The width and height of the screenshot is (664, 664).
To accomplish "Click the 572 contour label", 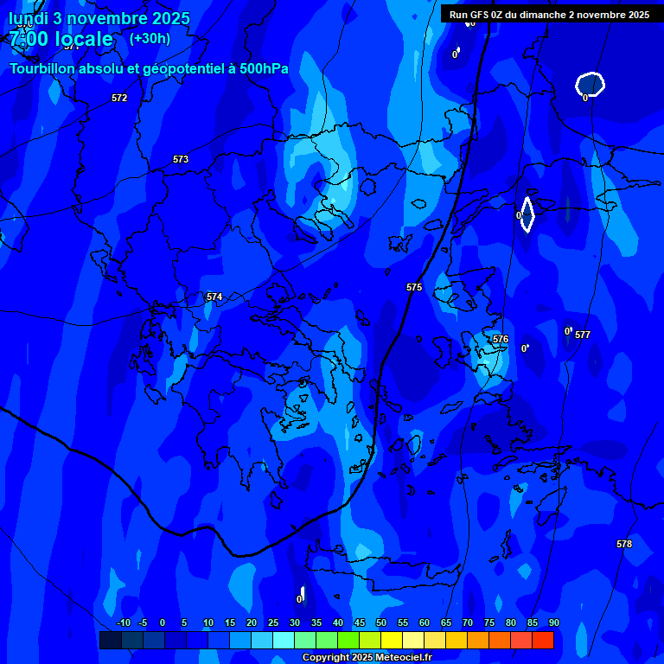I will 119,98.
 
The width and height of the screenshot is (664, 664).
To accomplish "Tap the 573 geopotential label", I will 181,159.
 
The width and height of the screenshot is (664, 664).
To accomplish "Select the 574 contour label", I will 214,297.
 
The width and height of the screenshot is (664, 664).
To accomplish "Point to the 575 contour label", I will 414,287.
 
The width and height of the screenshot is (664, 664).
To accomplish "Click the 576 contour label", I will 501,339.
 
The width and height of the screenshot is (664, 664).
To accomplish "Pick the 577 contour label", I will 583,335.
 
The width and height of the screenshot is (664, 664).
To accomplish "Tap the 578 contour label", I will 624,544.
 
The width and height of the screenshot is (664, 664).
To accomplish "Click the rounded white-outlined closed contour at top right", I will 590,84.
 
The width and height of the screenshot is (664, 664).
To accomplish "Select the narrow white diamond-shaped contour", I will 527,214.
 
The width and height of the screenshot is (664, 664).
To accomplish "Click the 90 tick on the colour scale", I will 553,622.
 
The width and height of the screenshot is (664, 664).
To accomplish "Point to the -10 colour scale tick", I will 123,622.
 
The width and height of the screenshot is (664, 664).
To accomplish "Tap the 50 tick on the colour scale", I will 381,622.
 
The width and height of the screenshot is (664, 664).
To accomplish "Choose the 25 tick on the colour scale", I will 273,622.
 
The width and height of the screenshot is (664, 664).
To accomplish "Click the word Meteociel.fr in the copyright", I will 403,658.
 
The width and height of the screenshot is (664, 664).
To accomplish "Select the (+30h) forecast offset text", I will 150,38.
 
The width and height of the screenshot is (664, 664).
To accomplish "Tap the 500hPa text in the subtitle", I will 259,68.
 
